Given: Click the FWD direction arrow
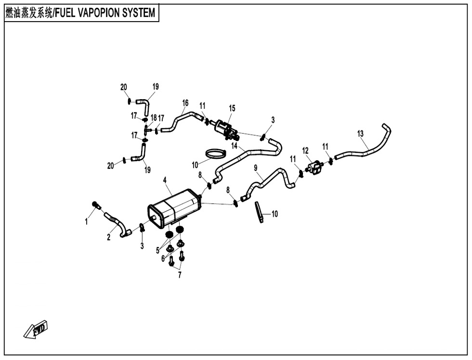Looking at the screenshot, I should tap(37, 330).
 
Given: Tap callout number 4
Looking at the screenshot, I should tap(165, 180).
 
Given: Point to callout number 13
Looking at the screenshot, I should tap(360, 134).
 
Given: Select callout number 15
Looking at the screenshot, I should tap(232, 109).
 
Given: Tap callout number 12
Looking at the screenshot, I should tap(305, 151).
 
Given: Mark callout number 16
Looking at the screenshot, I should tap(185, 103).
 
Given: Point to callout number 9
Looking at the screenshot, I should tap(255, 167).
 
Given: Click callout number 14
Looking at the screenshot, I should tap(235, 145).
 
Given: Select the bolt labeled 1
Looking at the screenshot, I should tap(96, 206).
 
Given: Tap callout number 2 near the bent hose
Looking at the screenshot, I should tap(109, 237).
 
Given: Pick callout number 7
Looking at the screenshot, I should tap(180, 275).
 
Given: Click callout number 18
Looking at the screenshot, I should tap(154, 117).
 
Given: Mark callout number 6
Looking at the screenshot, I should tap(164, 258).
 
